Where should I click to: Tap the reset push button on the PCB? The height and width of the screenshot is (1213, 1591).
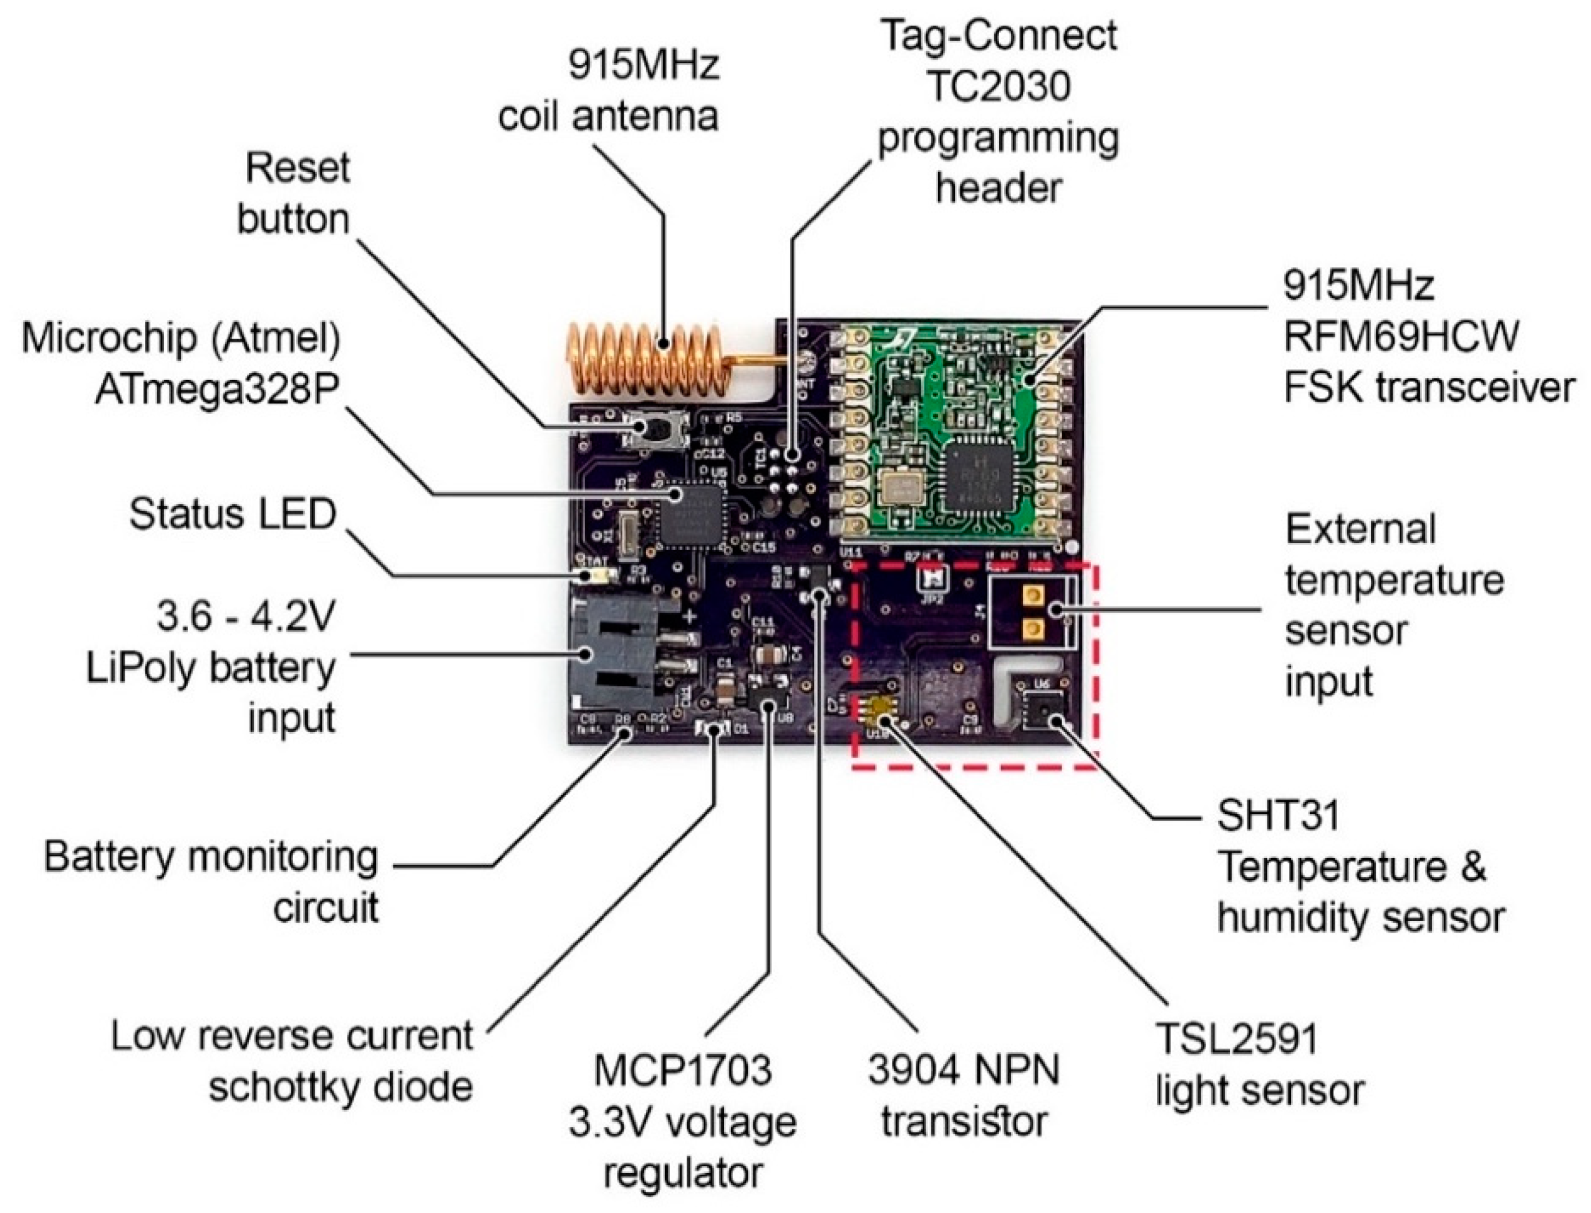pos(654,430)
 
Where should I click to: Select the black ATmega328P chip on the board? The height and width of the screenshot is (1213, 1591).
pos(689,515)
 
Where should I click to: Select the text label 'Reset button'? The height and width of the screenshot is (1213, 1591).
pos(294,193)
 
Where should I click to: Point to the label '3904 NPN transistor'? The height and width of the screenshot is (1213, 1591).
pos(964,1095)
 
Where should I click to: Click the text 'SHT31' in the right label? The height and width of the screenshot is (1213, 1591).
pos(1279,816)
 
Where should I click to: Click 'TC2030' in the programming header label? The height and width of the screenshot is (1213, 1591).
pos(999,87)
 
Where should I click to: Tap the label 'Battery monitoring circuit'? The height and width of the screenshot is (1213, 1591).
pos(211,882)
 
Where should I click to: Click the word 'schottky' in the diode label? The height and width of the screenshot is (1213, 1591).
pos(339,1088)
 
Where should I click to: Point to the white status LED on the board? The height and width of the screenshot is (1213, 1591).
pos(601,576)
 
